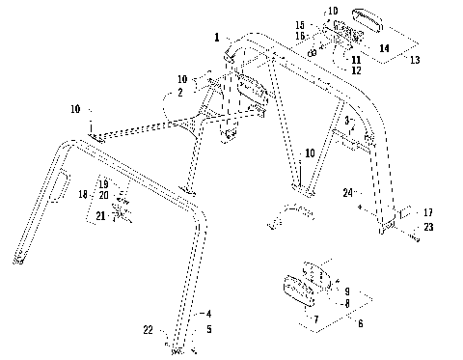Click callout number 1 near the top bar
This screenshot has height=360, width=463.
(217, 37)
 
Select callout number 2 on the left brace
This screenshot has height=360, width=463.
(178, 93)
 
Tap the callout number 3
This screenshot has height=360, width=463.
(346, 121)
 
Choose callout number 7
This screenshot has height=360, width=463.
(314, 318)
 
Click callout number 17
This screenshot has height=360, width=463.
(427, 211)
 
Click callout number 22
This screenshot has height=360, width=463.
(149, 330)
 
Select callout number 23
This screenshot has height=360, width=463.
(427, 227)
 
